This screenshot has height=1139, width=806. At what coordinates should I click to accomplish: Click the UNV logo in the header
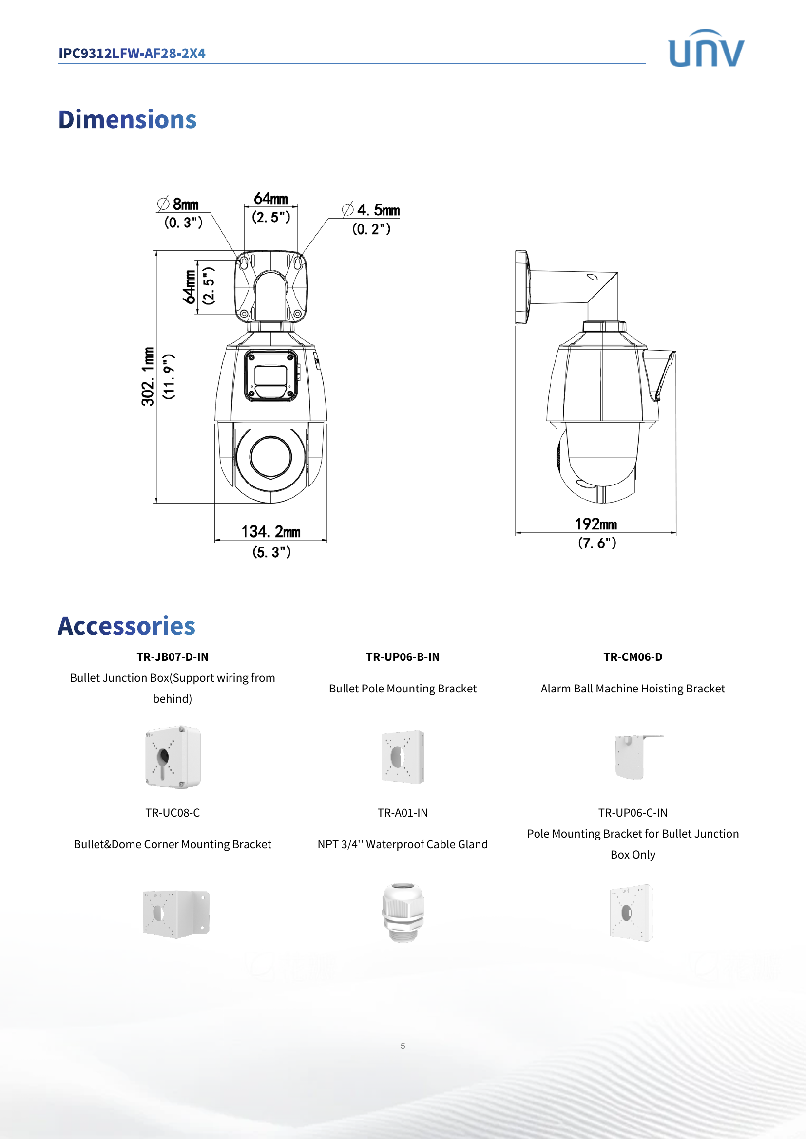706,49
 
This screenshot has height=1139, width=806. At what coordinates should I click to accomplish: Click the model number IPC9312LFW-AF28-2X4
132,53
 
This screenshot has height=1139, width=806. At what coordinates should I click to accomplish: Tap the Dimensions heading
127,120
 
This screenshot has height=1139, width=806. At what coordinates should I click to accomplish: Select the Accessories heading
126,626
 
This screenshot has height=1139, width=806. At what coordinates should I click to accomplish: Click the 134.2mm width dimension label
270,532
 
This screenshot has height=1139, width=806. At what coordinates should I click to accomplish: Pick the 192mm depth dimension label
595,524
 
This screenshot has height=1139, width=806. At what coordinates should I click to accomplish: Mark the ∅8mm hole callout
178,204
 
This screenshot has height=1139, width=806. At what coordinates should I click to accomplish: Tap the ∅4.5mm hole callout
371,210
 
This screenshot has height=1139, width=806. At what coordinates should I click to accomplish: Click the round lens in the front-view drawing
270,457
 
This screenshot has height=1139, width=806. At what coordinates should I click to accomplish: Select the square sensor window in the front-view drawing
270,375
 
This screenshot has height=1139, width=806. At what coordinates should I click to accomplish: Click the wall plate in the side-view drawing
521,287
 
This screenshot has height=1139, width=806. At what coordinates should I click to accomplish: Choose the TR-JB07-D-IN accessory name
172,657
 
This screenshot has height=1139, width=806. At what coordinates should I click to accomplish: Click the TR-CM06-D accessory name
633,657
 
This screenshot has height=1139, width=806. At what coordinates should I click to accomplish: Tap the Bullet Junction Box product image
173,757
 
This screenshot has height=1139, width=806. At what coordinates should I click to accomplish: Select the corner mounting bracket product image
176,914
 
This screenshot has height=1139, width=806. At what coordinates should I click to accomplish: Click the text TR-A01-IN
403,813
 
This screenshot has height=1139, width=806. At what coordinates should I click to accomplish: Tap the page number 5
403,1046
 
